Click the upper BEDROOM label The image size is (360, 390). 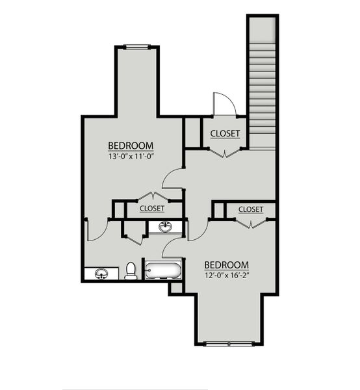130,145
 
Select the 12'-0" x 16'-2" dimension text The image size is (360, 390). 227,276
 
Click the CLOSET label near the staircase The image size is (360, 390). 225,134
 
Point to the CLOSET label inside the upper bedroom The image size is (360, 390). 151,209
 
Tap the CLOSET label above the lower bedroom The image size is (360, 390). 250,209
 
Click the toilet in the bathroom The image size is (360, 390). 131,270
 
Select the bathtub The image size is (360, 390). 163,269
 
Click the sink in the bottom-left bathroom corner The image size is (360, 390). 101,274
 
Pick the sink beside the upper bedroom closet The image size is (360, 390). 166,227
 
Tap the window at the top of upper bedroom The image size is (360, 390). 136,46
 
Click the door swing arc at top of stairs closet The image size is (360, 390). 224,104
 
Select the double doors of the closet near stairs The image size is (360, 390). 224,153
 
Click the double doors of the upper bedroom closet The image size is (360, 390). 151,196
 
